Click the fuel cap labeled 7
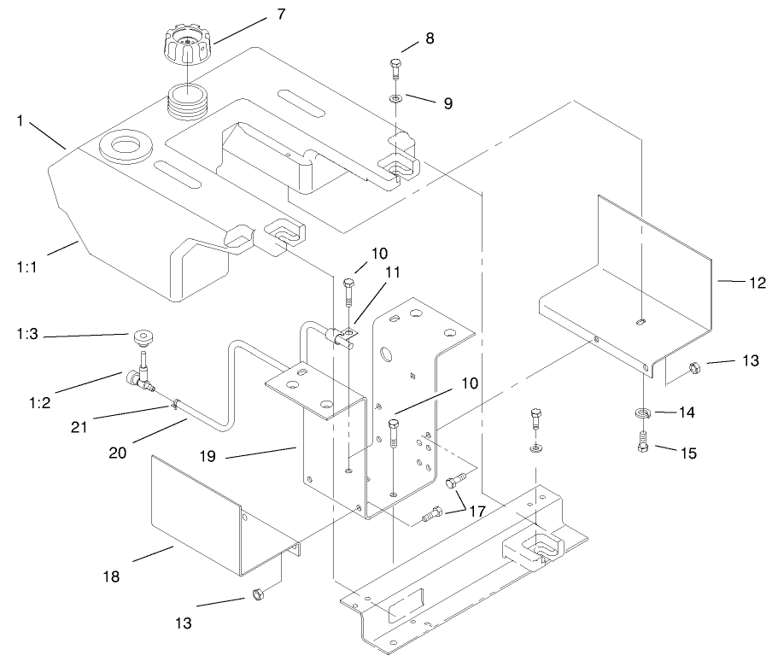[x=186, y=47]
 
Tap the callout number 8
[x=430, y=38]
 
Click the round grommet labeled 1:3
[x=142, y=335]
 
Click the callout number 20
[x=118, y=452]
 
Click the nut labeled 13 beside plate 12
[x=694, y=369]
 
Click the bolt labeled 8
[x=395, y=67]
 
